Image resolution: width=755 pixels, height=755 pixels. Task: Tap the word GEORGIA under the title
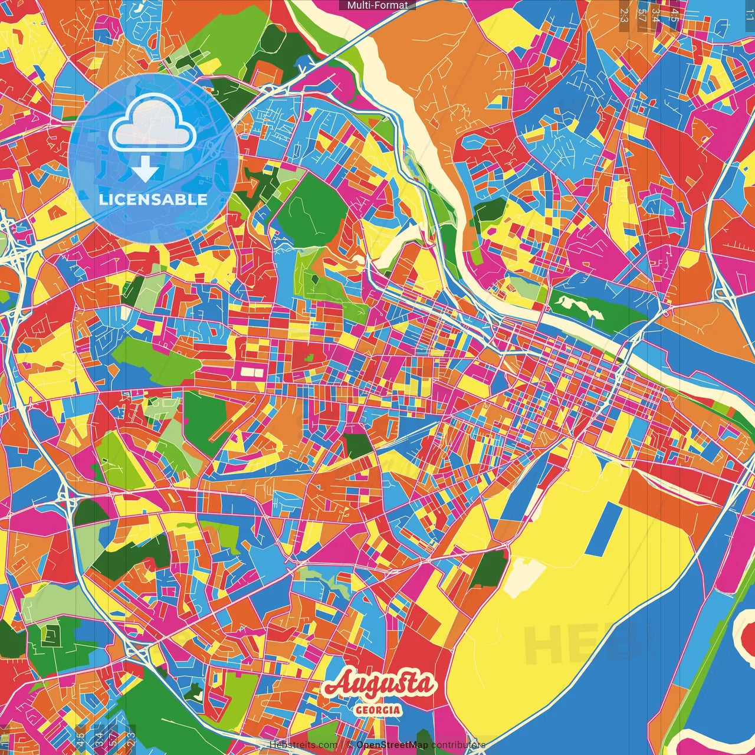[x=378, y=710]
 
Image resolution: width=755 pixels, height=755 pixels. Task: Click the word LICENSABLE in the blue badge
[x=153, y=199]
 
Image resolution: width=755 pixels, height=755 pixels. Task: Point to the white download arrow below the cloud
[x=145, y=171]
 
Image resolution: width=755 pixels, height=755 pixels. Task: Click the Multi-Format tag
[x=377, y=5]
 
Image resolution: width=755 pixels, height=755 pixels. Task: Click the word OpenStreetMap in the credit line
[x=392, y=745]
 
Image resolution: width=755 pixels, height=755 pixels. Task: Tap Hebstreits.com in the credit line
[x=303, y=745]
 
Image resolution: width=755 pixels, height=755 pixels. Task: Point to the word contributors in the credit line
[x=458, y=745]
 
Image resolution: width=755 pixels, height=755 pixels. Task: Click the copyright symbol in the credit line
[x=349, y=745]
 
